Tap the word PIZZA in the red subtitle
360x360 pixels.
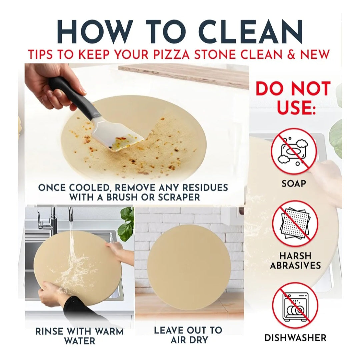pos(174,54)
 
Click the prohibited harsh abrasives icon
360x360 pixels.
pos(295,223)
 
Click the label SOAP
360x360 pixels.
pos(294,184)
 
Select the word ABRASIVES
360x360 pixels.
pos(295,265)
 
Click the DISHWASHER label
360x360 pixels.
pos(295,338)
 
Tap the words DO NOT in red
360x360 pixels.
pos(293,88)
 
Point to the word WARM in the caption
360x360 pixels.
pos(109,331)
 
